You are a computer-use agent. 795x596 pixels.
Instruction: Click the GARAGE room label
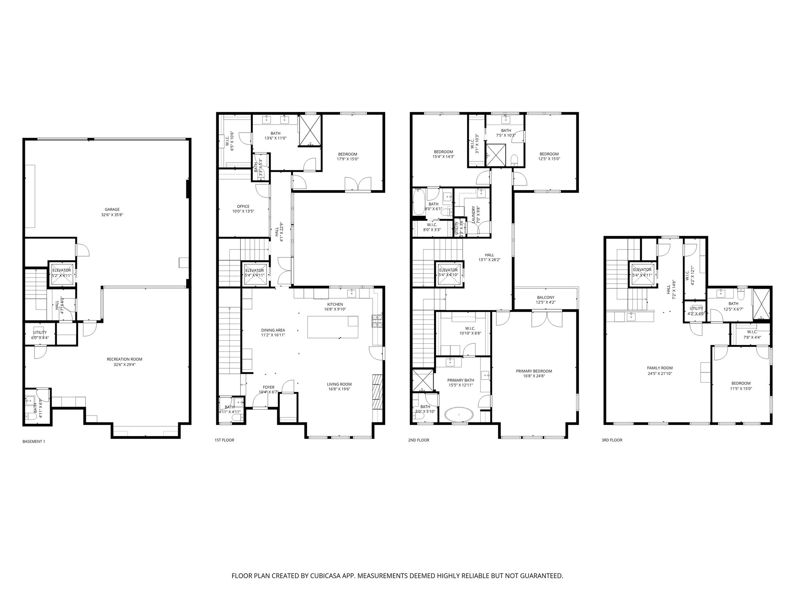[x=112, y=209]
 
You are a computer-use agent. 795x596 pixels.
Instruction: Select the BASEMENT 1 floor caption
[x=34, y=441]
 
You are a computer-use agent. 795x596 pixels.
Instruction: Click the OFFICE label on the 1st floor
[x=243, y=206]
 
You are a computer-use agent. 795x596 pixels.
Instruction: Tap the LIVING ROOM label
[x=339, y=384]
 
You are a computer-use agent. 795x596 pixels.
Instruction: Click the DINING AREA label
[x=273, y=330]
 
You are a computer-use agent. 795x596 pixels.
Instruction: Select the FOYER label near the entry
[x=269, y=387]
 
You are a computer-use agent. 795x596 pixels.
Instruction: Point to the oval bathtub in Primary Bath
[x=459, y=414]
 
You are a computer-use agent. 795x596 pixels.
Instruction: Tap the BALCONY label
[x=545, y=297]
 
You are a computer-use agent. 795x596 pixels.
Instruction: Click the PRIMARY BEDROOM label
[x=534, y=371]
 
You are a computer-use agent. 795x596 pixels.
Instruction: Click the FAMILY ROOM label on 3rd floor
[x=660, y=368]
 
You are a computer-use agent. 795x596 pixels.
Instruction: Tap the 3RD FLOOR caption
[x=611, y=440]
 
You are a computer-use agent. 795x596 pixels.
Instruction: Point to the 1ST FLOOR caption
[x=224, y=440]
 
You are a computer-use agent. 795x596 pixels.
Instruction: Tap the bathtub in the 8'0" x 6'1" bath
[x=419, y=201]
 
